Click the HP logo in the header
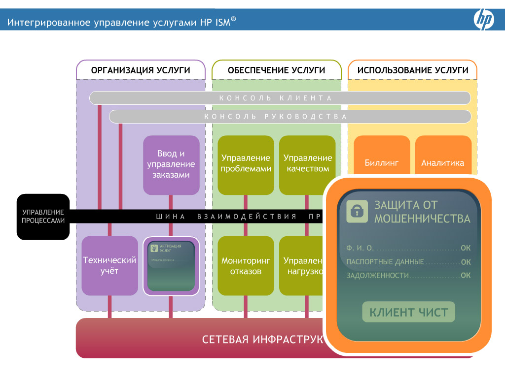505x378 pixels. tap(484, 20)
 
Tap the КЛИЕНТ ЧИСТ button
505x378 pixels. tap(408, 312)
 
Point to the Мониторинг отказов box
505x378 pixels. tap(246, 266)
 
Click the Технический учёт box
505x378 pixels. tap(109, 266)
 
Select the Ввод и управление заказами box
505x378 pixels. tap(171, 165)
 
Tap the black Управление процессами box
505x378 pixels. tap(43, 217)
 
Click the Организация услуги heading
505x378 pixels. tap(141, 70)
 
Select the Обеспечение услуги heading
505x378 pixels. tap(277, 70)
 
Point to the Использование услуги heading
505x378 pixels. tap(413, 70)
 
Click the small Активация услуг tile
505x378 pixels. tap(171, 266)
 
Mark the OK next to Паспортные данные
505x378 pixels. tap(466, 262)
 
